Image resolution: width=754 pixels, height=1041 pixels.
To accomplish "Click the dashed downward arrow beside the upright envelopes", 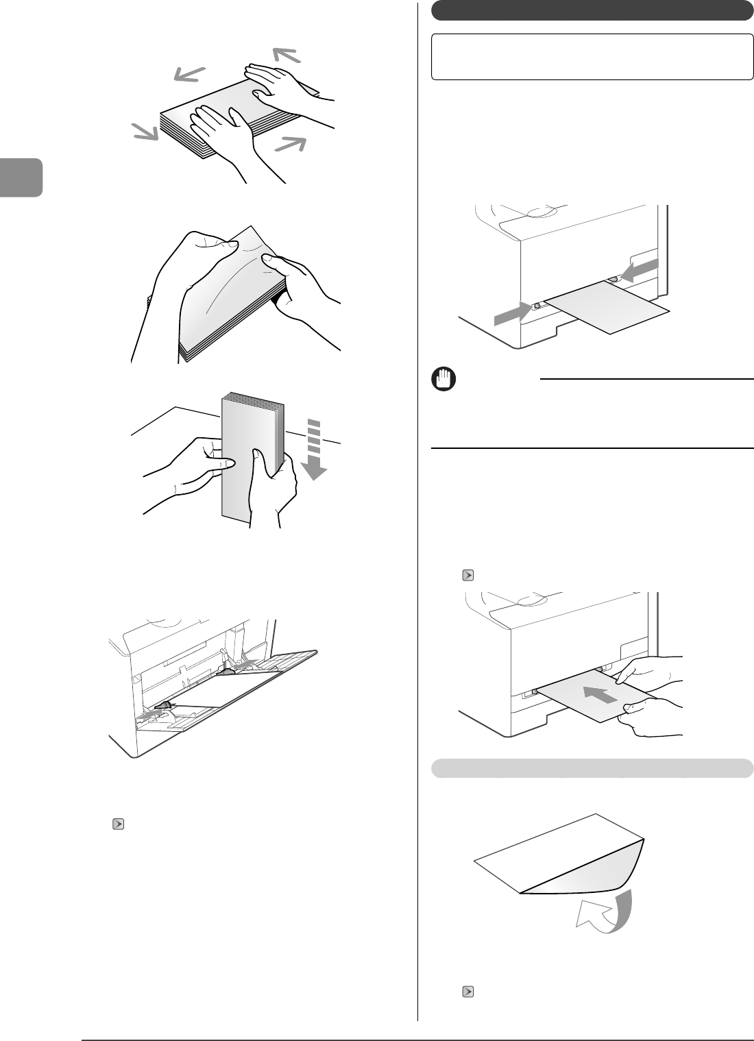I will [313, 452].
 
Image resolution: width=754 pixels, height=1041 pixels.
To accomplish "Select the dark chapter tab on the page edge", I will [21, 177].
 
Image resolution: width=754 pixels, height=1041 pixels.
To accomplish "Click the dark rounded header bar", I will [592, 11].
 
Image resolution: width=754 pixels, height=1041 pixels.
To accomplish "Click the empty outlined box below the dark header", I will [592, 57].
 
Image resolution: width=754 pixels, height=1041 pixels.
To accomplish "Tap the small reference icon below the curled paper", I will [468, 991].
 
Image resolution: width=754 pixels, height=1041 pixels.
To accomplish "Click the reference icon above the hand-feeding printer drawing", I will [467, 576].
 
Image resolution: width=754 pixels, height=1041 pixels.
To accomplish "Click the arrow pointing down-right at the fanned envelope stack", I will [145, 132].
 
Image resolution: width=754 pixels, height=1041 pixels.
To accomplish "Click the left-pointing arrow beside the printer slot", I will [640, 270].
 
